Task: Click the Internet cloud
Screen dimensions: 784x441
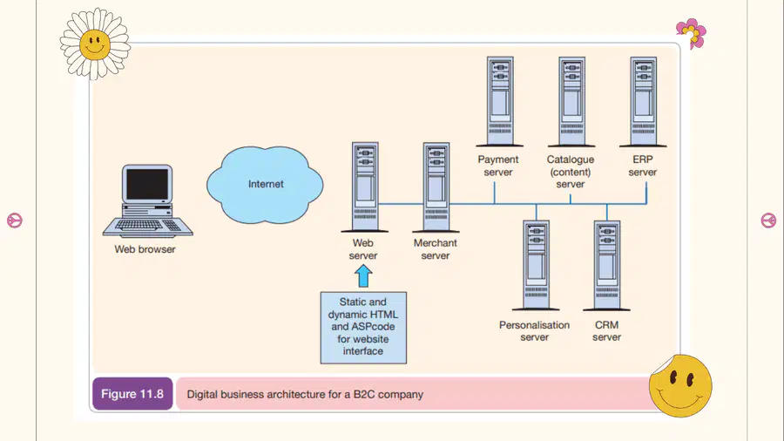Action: point(265,185)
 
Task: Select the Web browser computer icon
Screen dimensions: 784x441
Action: point(147,200)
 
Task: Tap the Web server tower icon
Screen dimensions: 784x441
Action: point(365,187)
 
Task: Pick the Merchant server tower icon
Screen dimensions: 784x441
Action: point(436,187)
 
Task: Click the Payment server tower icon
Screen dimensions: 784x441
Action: point(500,101)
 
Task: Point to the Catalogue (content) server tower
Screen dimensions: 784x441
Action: point(571,101)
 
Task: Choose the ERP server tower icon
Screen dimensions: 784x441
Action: point(643,101)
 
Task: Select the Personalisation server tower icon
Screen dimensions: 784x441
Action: point(536,266)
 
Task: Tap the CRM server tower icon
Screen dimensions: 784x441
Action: point(607,266)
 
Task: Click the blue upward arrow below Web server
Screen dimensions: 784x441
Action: point(363,275)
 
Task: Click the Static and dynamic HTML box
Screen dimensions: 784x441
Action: point(363,328)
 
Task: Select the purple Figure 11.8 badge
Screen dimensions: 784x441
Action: point(132,394)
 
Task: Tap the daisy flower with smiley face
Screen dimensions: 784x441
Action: point(95,44)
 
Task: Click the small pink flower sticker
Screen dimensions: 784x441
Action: point(692,33)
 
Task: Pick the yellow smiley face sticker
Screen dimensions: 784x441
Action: point(680,385)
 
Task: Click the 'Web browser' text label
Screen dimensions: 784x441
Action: point(145,249)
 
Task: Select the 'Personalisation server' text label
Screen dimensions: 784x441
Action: point(535,331)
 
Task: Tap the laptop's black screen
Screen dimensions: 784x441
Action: point(147,185)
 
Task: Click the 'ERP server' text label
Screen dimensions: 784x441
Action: point(643,166)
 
